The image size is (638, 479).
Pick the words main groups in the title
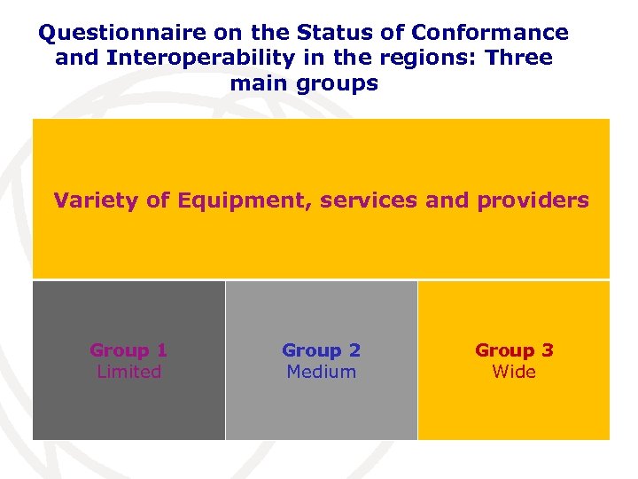click(304, 84)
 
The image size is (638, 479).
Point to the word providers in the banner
click(533, 200)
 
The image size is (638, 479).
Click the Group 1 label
click(128, 350)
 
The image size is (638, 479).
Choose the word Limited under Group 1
click(128, 372)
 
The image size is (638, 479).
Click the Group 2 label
click(321, 350)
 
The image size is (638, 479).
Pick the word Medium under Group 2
click(321, 372)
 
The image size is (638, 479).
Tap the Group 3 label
click(514, 350)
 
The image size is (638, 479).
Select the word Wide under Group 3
click(514, 372)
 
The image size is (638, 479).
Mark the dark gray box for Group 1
click(128, 408)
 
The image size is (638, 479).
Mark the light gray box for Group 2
click(321, 408)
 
